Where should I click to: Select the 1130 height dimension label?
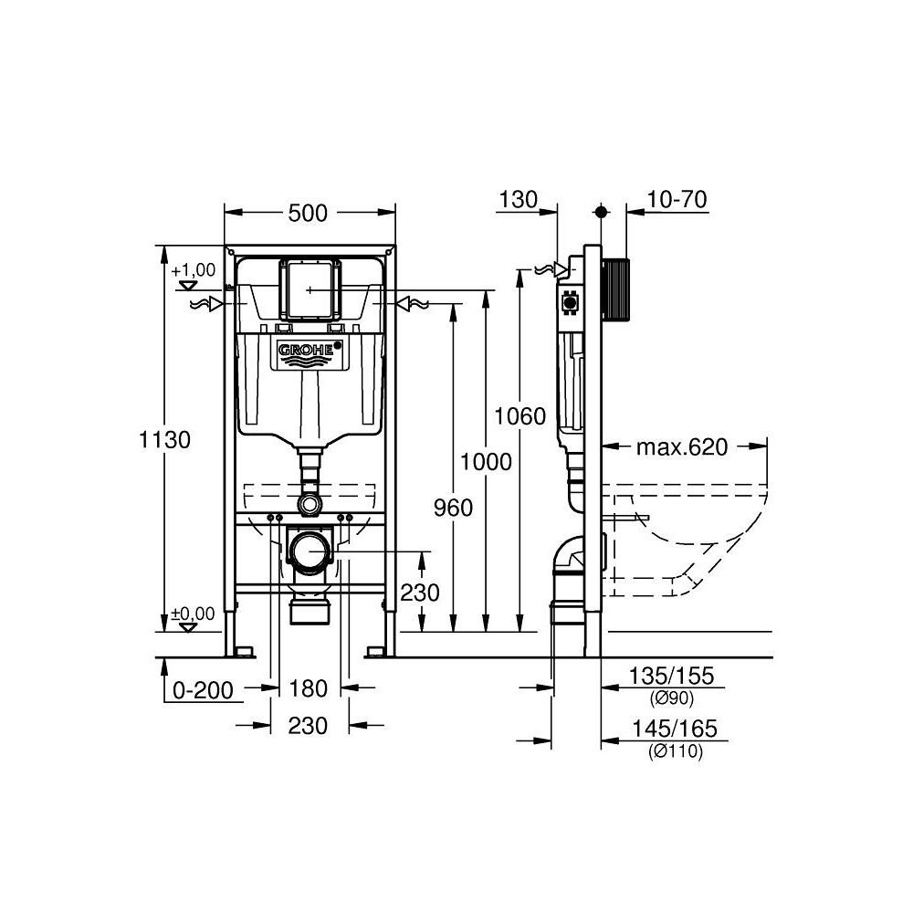165,439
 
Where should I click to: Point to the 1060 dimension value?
519,417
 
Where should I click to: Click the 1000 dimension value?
486,462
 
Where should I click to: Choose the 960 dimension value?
454,508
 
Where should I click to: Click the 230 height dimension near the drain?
420,592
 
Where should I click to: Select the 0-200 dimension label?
204,690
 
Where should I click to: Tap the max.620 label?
682,446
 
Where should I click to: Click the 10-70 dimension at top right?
677,200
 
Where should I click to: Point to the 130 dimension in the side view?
519,200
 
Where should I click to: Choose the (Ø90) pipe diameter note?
672,699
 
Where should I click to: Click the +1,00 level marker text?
193,269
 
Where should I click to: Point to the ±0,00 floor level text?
193,614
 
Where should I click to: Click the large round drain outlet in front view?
310,552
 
